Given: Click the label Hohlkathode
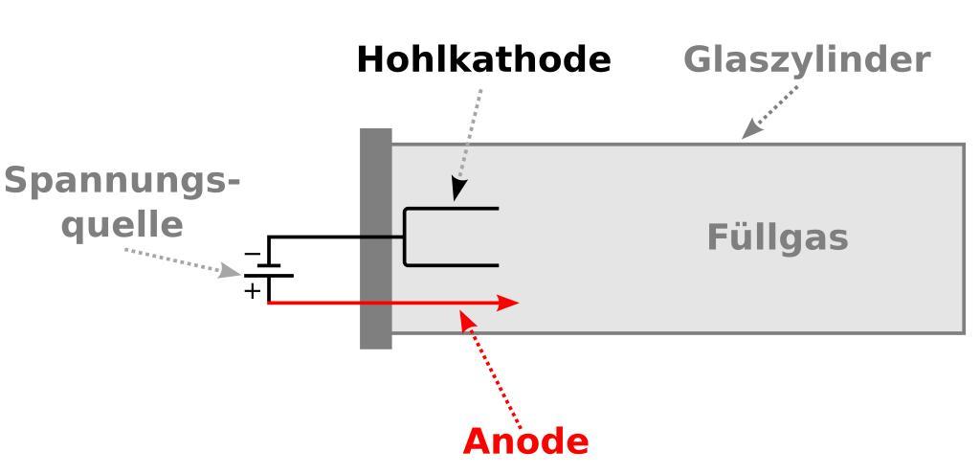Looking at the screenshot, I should point(482,60).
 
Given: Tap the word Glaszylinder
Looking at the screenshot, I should point(806,59).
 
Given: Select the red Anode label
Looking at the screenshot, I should point(525,441).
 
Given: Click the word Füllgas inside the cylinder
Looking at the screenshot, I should point(777,237).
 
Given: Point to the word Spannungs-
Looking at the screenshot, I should point(122,181).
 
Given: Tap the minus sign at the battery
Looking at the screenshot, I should point(252,254).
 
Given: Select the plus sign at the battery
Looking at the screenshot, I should point(252,290).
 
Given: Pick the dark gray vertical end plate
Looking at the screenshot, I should point(376,238).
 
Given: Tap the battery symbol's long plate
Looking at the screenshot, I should point(269,276).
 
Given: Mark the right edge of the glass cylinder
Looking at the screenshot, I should point(964,238).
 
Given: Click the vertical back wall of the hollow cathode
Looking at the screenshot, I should point(406,237).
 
